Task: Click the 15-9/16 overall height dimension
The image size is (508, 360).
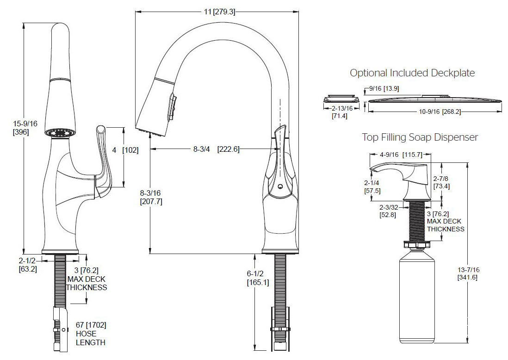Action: (25, 128)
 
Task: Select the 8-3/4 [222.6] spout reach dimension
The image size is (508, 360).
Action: (216, 149)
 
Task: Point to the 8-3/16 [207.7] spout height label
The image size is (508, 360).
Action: (151, 197)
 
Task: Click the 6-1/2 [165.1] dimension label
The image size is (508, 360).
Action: (258, 278)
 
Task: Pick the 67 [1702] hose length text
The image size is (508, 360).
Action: (91, 334)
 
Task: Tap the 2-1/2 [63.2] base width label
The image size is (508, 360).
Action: (28, 265)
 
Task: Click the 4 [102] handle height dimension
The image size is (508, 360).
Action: (125, 150)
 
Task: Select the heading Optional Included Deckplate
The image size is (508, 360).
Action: (412, 73)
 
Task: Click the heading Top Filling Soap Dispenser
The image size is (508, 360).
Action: (420, 137)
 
